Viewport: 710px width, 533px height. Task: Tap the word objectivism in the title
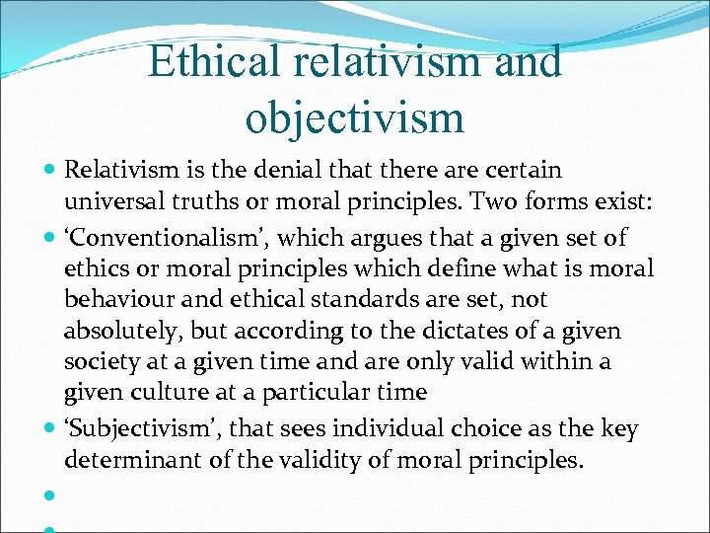tap(354, 116)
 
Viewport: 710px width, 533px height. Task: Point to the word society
tap(99, 362)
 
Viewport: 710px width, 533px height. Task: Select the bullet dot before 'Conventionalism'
tap(49, 238)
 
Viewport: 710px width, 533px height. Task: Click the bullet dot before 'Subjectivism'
tap(49, 429)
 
